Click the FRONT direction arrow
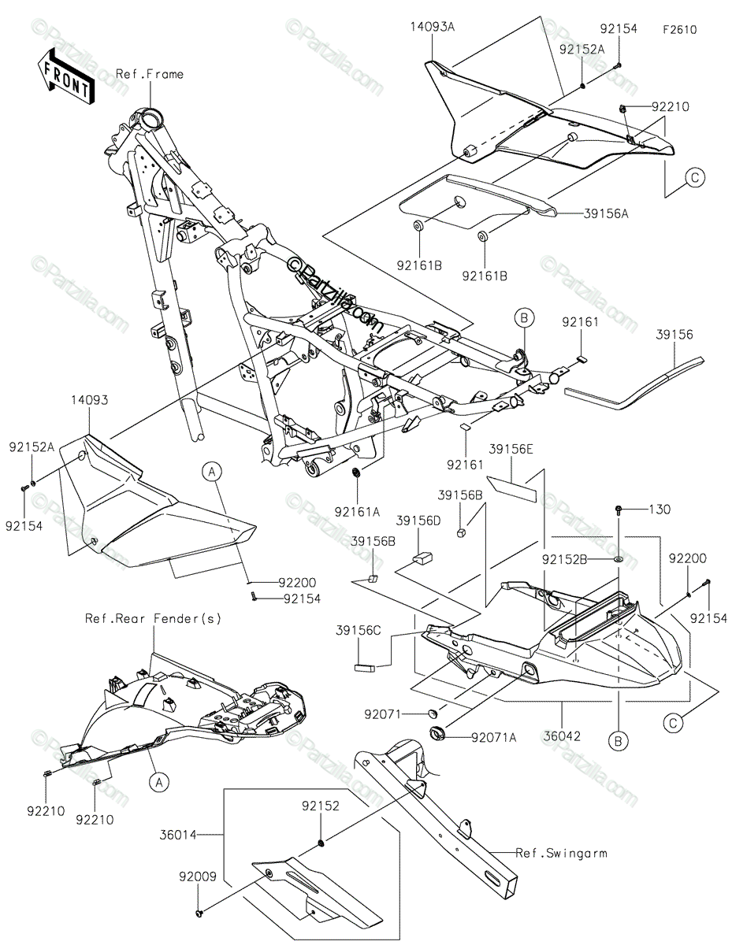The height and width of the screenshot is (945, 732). click(65, 76)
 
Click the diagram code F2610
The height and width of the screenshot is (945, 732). click(679, 29)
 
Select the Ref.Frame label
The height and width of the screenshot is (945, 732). click(149, 74)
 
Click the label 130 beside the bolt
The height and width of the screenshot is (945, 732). click(660, 510)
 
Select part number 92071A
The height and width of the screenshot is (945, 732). click(495, 738)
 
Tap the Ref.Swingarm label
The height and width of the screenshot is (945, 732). click(562, 852)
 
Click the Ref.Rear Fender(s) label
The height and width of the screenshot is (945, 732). click(154, 618)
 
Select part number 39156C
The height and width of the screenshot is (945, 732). click(367, 631)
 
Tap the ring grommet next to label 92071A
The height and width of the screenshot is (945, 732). click(438, 736)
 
